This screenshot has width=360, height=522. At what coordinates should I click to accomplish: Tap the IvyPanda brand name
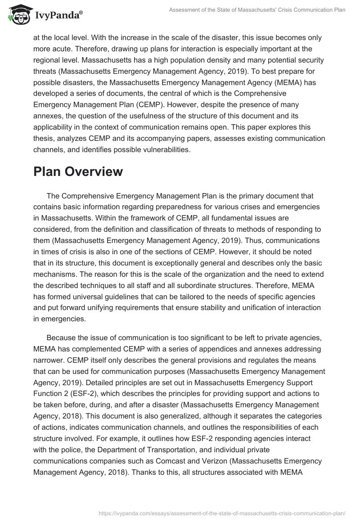pos(58,15)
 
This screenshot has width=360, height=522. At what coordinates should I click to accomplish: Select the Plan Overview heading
pos(78,171)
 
